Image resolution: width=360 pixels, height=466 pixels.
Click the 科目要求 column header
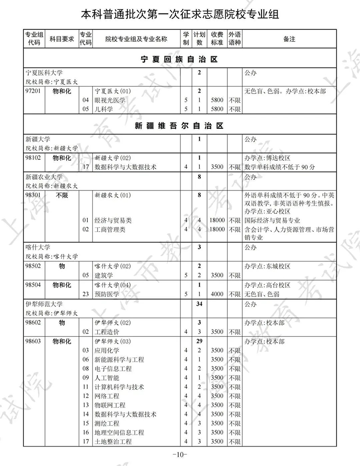click(x=61, y=39)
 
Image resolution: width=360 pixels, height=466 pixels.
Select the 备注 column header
click(x=289, y=39)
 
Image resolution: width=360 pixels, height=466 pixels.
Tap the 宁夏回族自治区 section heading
click(x=179, y=59)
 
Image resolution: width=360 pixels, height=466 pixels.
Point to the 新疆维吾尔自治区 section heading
click(x=179, y=126)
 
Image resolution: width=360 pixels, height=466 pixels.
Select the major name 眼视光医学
click(x=110, y=100)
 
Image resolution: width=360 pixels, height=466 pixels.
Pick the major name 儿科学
click(x=103, y=109)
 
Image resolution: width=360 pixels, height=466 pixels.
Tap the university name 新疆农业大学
click(x=44, y=177)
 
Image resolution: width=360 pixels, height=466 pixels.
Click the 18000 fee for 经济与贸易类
click(x=217, y=221)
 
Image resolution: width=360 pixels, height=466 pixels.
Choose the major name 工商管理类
click(x=110, y=230)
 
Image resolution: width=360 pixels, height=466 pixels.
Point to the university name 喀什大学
click(x=38, y=248)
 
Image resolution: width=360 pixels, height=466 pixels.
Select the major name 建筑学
click(x=103, y=275)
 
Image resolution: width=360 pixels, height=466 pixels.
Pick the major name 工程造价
click(x=107, y=332)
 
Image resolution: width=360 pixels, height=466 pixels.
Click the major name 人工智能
click(x=107, y=378)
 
